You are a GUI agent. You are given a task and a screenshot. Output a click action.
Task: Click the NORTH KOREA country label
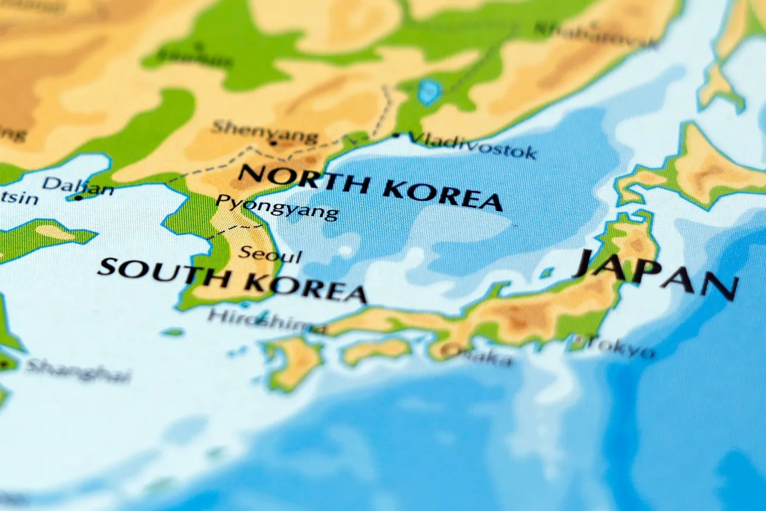[x=370, y=186]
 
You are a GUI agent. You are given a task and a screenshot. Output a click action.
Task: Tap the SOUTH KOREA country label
[x=231, y=280]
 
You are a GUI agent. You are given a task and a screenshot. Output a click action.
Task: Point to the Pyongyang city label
[x=277, y=206]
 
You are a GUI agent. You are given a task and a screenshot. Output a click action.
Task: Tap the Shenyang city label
[x=264, y=131]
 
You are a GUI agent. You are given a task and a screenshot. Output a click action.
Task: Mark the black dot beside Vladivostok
[x=396, y=135]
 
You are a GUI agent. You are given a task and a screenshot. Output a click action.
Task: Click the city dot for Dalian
[x=79, y=198]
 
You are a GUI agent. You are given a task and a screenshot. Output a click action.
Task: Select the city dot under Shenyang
[x=274, y=143]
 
